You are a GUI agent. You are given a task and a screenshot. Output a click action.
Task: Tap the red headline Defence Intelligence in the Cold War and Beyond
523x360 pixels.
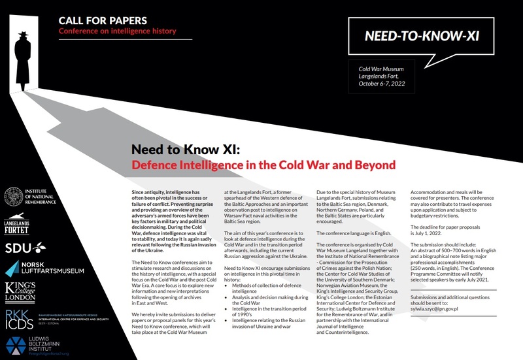[263, 164]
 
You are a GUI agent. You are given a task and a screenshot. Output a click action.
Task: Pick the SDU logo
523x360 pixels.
[25, 246]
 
